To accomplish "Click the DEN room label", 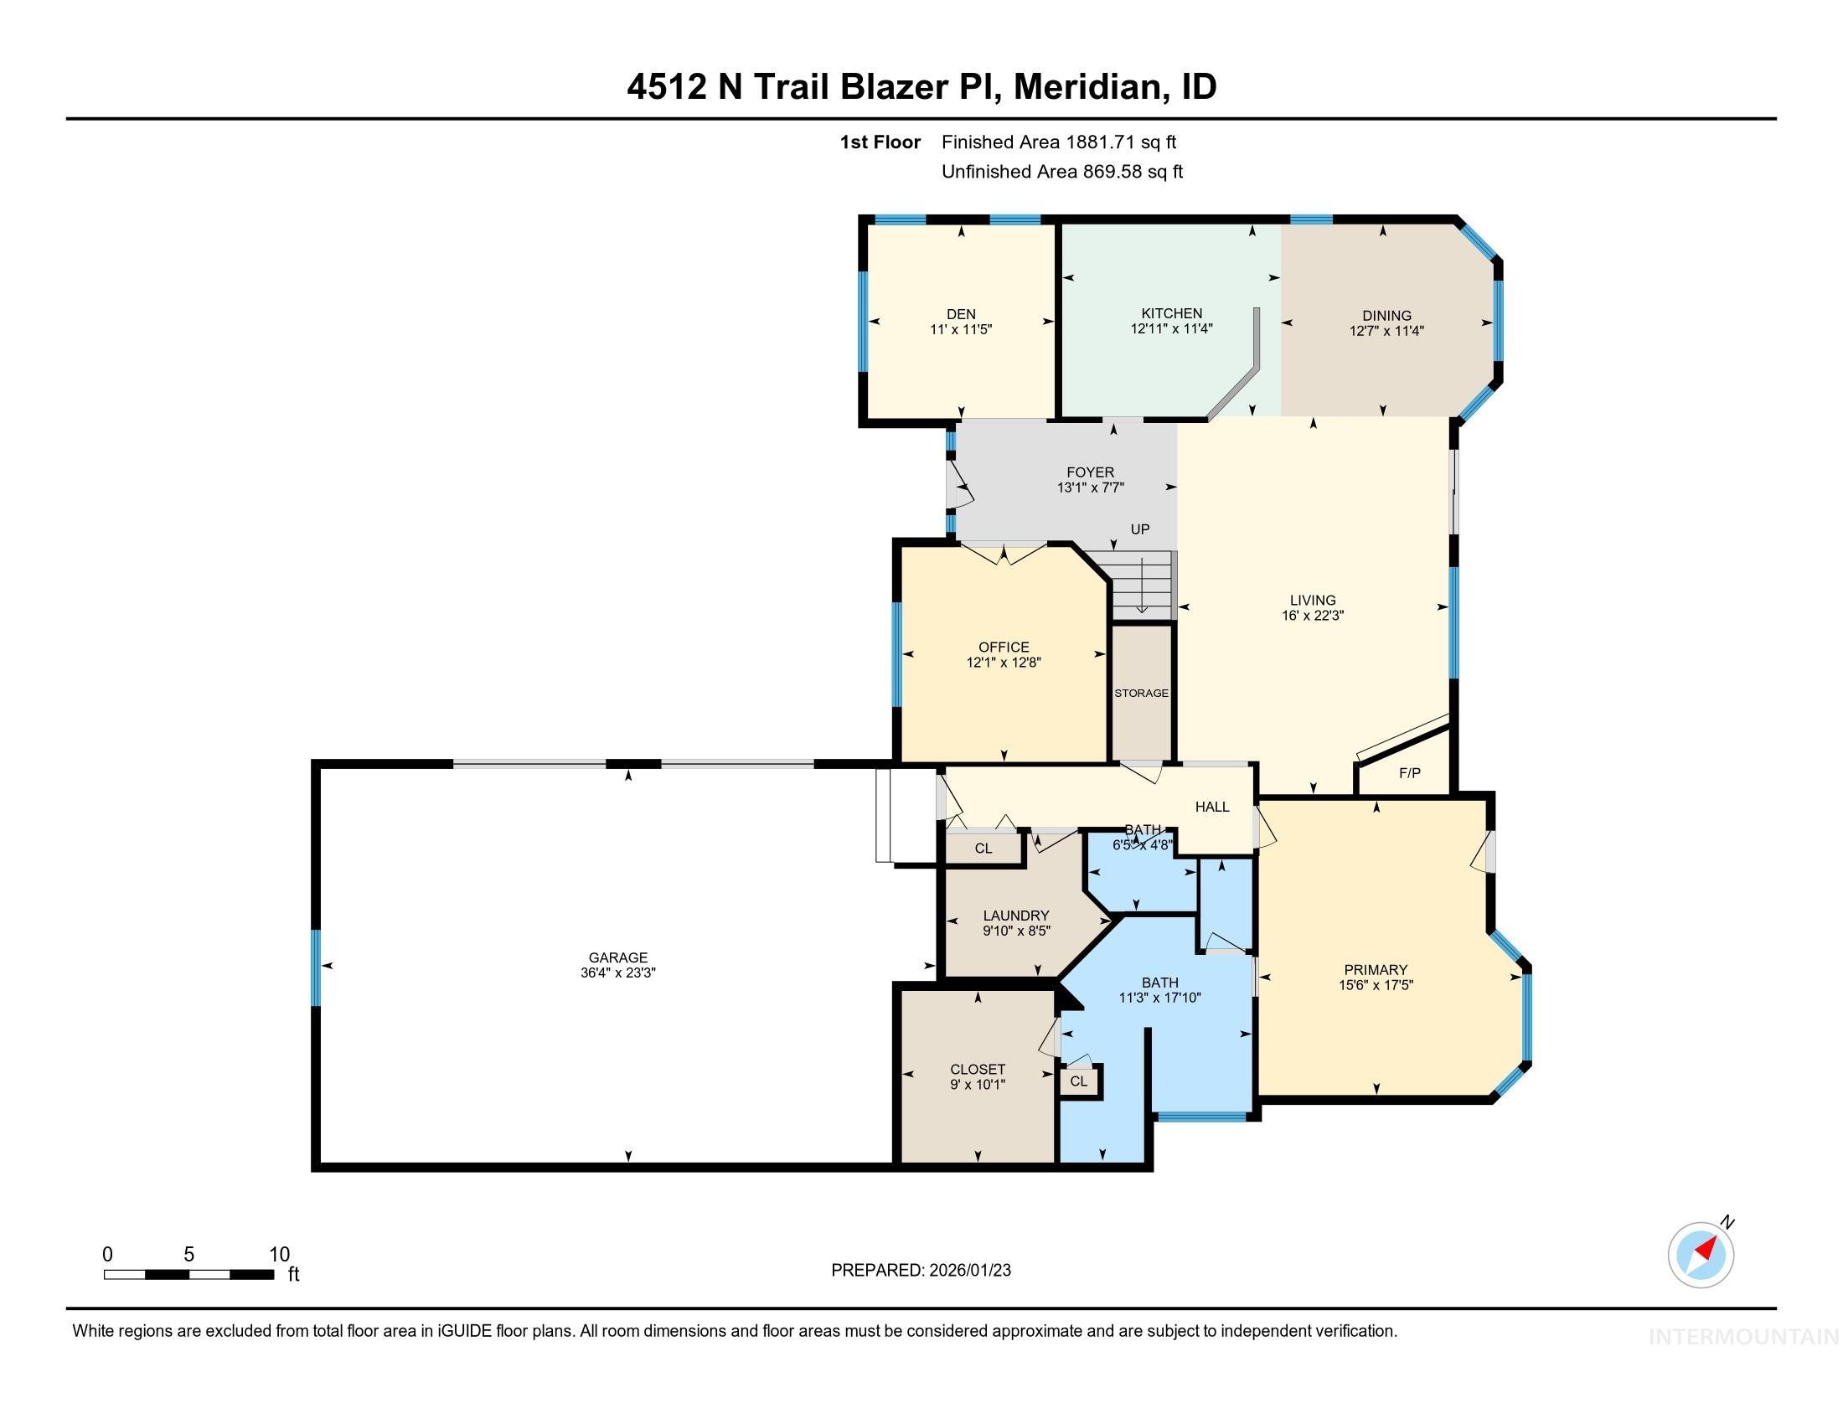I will [x=960, y=314].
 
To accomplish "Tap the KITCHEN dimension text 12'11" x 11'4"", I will [x=1171, y=329].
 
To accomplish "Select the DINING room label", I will [x=1386, y=316].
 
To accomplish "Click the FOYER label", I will [x=1089, y=472].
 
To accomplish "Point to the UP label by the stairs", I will [x=1139, y=529].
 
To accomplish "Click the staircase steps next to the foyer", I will [x=1141, y=586].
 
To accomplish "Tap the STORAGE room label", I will [x=1141, y=694].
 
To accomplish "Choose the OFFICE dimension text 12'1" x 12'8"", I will [x=1004, y=663].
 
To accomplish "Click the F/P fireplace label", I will [x=1409, y=773].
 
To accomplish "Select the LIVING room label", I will [x=1312, y=601].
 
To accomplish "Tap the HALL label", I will [x=1212, y=807].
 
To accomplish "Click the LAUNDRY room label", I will [x=1016, y=916].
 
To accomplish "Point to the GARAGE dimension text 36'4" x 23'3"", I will [x=617, y=973].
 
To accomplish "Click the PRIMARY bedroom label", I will [x=1376, y=969].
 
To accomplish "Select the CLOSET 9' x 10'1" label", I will [x=977, y=1069].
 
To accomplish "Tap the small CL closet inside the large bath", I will [x=1078, y=1081].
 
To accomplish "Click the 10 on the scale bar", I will [x=278, y=1255].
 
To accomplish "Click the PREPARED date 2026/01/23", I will [x=968, y=1271].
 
